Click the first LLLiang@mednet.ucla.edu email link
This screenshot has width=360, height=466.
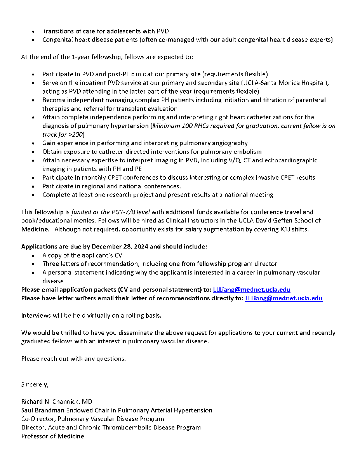pyautogui.click(x=252, y=290)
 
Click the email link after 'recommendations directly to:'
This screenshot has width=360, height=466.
pyautogui.click(x=283, y=298)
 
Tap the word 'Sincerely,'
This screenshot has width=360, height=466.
pyautogui.click(x=35, y=384)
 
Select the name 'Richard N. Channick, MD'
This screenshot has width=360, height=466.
pyautogui.click(x=57, y=402)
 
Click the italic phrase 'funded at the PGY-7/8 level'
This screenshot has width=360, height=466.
pyautogui.click(x=110, y=212)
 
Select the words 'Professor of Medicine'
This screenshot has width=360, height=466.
pyautogui.click(x=52, y=436)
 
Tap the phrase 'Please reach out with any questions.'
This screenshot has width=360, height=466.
pyautogui.click(x=73, y=358)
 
